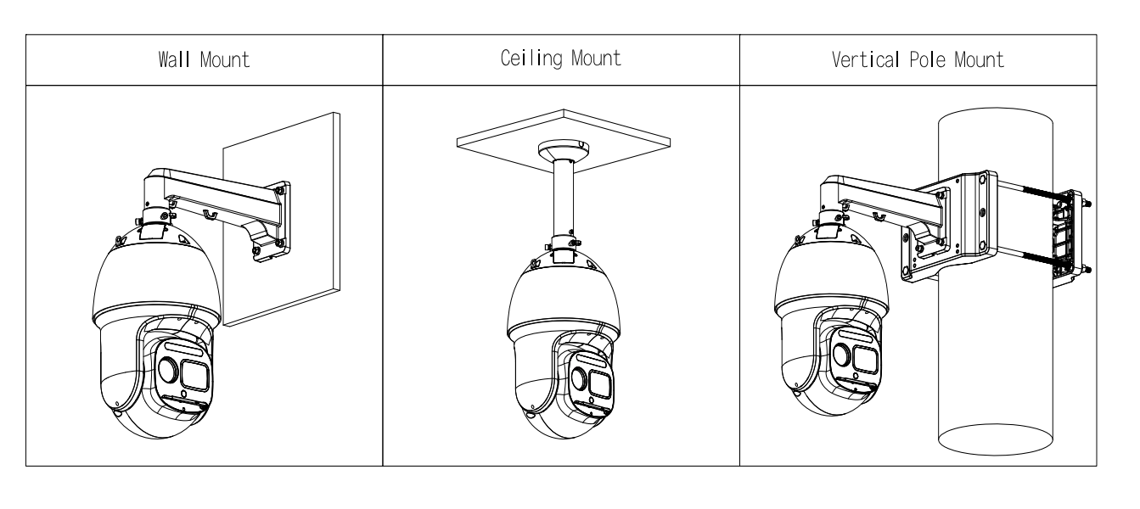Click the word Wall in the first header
174,59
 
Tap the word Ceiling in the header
531,59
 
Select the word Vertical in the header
866,59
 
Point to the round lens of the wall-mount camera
167,370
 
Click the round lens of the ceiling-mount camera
580,378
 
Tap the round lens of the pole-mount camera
842,355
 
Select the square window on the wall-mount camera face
194,375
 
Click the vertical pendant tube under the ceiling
564,199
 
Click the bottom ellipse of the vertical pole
996,454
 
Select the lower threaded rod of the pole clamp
1033,258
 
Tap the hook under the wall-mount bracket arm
210,215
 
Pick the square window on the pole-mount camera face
866,360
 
